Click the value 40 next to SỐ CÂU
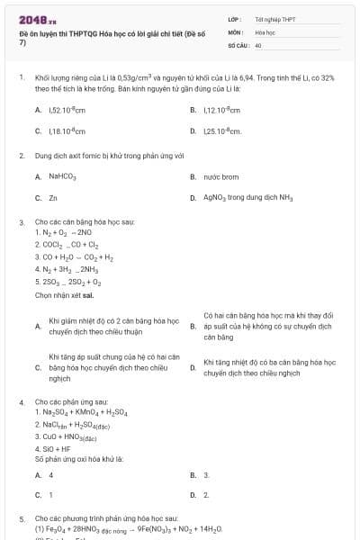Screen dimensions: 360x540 click(258, 44)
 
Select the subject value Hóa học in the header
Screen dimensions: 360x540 click(265, 31)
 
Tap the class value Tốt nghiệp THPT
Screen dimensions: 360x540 click(274, 19)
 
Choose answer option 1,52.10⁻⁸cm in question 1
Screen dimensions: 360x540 click(67, 110)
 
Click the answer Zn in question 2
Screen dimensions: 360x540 click(53, 197)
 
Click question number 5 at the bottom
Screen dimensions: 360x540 click(22, 519)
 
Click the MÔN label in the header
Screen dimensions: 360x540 click(237, 31)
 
